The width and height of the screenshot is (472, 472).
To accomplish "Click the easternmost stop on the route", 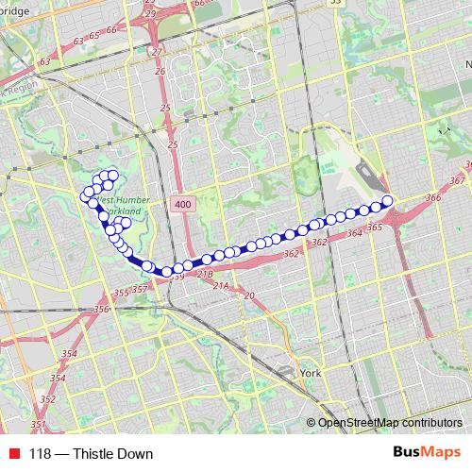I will [387, 200].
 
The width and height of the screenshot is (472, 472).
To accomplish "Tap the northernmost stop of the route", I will [111, 174].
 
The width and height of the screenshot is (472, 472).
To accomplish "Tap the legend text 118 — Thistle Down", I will [91, 454].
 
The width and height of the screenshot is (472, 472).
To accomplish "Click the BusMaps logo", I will [428, 453].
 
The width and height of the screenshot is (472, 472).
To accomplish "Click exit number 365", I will [373, 228].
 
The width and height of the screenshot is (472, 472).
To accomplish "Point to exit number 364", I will [354, 232].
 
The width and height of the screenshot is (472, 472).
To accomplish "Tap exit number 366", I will [433, 197].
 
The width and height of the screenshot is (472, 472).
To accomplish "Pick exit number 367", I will [458, 180].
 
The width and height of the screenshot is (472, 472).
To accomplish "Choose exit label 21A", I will [221, 285].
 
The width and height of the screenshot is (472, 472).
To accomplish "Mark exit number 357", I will [140, 289].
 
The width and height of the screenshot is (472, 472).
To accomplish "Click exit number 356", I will [102, 309].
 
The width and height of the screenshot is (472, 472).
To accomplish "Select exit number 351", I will [38, 426].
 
